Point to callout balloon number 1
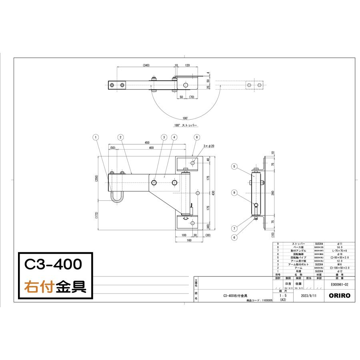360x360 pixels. point(95,137)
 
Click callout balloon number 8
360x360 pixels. point(196,137)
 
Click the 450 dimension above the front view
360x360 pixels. point(147,143)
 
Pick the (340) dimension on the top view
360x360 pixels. point(146,65)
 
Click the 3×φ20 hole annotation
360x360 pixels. point(209,146)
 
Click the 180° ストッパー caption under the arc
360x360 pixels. point(186,125)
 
